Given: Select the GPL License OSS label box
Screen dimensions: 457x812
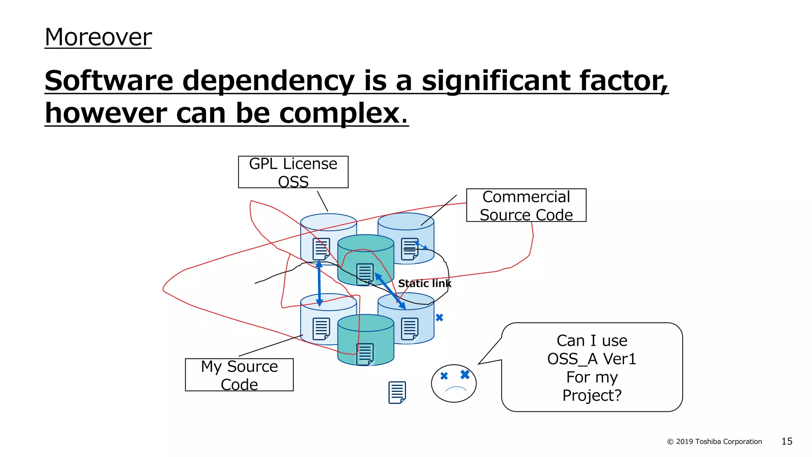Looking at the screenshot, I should point(293,172).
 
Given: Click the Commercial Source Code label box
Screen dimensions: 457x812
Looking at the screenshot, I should point(526,205).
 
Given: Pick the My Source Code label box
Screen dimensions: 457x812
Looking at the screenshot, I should point(239,375).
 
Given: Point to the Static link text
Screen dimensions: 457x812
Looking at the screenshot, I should point(424,283).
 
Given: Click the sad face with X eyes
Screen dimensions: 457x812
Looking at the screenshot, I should point(454,383).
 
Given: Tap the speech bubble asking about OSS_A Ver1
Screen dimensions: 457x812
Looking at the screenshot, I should point(592,367).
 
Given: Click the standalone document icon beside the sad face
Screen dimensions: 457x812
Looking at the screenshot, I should point(397,392).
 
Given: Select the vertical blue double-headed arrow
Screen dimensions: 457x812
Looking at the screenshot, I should point(319,283).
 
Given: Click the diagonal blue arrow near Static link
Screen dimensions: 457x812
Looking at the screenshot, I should point(390,291).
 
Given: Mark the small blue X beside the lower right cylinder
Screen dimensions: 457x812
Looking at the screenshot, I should point(439,317).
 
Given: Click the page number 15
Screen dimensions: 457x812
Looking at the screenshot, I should point(787,441).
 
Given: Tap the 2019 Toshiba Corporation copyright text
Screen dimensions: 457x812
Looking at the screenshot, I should point(714,442).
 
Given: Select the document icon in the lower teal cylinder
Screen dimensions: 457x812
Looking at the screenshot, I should point(365,354).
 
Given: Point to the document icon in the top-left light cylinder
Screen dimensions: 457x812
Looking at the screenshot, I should point(321,249).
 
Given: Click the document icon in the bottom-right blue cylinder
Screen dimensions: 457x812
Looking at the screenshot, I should point(410,328).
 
